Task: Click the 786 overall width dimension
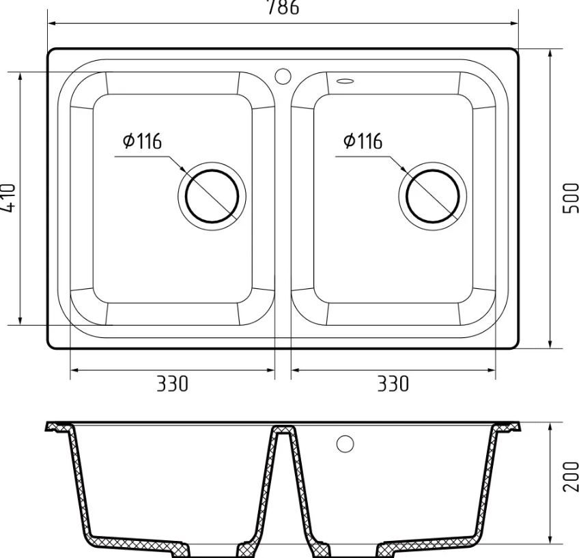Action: click(x=281, y=7)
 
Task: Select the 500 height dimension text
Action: click(x=570, y=198)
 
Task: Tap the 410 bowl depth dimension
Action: click(x=9, y=198)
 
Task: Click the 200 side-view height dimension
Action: click(x=570, y=475)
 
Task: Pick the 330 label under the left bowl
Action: click(x=172, y=384)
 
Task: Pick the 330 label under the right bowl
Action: click(x=393, y=384)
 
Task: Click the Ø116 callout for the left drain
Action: click(x=142, y=141)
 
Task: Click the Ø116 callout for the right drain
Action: click(x=363, y=141)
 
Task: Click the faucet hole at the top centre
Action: click(x=283, y=76)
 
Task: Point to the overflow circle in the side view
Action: click(x=345, y=443)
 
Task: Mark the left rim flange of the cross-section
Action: click(x=57, y=428)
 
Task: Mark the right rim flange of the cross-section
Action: click(x=509, y=428)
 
